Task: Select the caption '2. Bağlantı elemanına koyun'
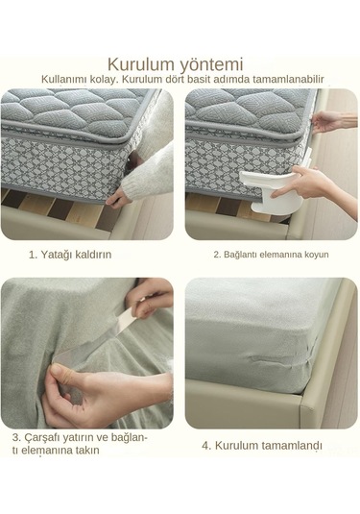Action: tap(270, 255)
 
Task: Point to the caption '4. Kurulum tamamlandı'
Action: tap(262, 445)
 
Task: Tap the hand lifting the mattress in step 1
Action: tap(120, 197)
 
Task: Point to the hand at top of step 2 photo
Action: tap(327, 120)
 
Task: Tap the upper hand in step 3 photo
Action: tap(154, 298)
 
